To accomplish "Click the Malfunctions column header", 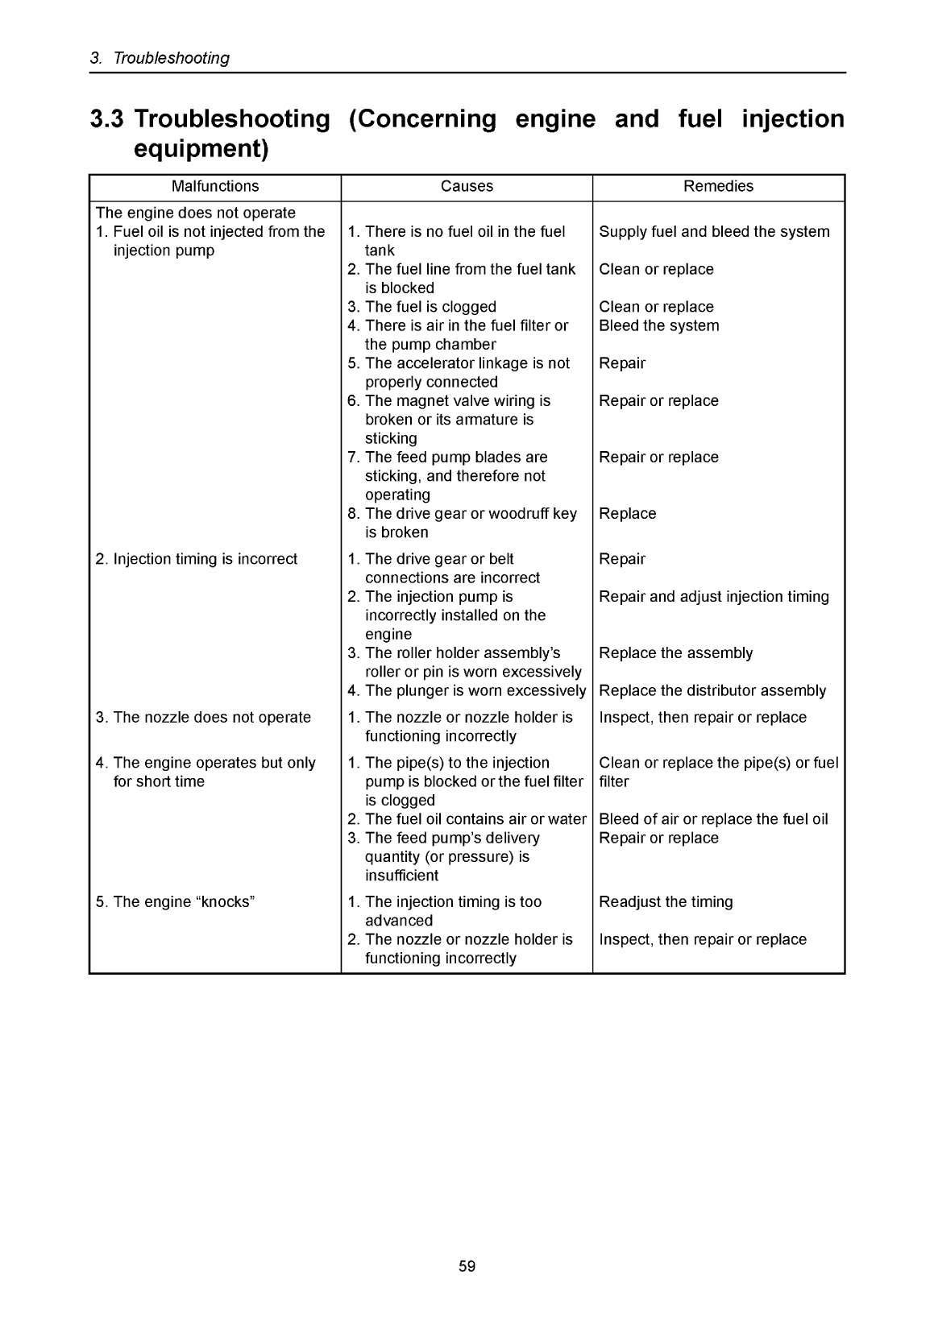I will pyautogui.click(x=215, y=187).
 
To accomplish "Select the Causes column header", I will pyautogui.click(x=467, y=187).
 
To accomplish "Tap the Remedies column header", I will pyautogui.click(x=718, y=187).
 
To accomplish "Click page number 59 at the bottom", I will pyautogui.click(x=467, y=1266).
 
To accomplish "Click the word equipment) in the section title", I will pyautogui.click(x=200, y=150).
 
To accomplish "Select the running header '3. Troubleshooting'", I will pyautogui.click(x=160, y=58).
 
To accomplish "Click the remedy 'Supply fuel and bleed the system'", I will pyautogui.click(x=714, y=232).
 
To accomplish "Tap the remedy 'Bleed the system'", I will pyautogui.click(x=659, y=326).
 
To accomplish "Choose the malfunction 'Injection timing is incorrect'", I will pyautogui.click(x=205, y=560).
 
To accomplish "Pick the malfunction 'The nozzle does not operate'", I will pyautogui.click(x=211, y=718).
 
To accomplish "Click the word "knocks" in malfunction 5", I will pyautogui.click(x=226, y=902).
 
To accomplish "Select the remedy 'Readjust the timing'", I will pyautogui.click(x=666, y=902).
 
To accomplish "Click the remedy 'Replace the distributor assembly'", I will pyautogui.click(x=712, y=691).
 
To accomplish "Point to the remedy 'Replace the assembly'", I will pyautogui.click(x=675, y=653).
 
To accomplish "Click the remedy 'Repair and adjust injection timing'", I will pyautogui.click(x=714, y=597).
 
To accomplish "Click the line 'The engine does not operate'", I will pyautogui.click(x=196, y=213).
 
